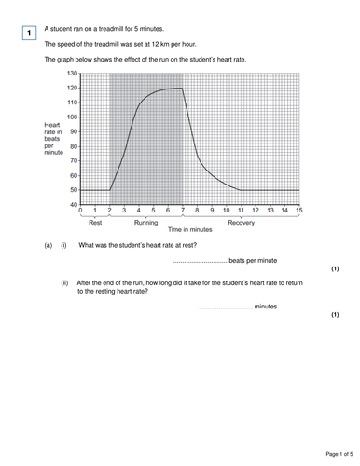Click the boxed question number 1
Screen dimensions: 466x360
tap(30, 34)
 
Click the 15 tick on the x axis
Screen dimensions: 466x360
tap(299, 212)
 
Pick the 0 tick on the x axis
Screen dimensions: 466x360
tap(81, 212)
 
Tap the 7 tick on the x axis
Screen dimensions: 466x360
tap(183, 212)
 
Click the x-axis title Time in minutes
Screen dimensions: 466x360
tap(190, 230)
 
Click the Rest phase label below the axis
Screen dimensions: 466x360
tap(96, 224)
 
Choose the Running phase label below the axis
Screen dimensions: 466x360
tap(145, 224)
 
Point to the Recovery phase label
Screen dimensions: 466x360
tap(242, 224)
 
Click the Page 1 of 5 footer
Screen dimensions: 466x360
tap(328, 454)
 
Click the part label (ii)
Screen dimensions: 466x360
tap(65, 281)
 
